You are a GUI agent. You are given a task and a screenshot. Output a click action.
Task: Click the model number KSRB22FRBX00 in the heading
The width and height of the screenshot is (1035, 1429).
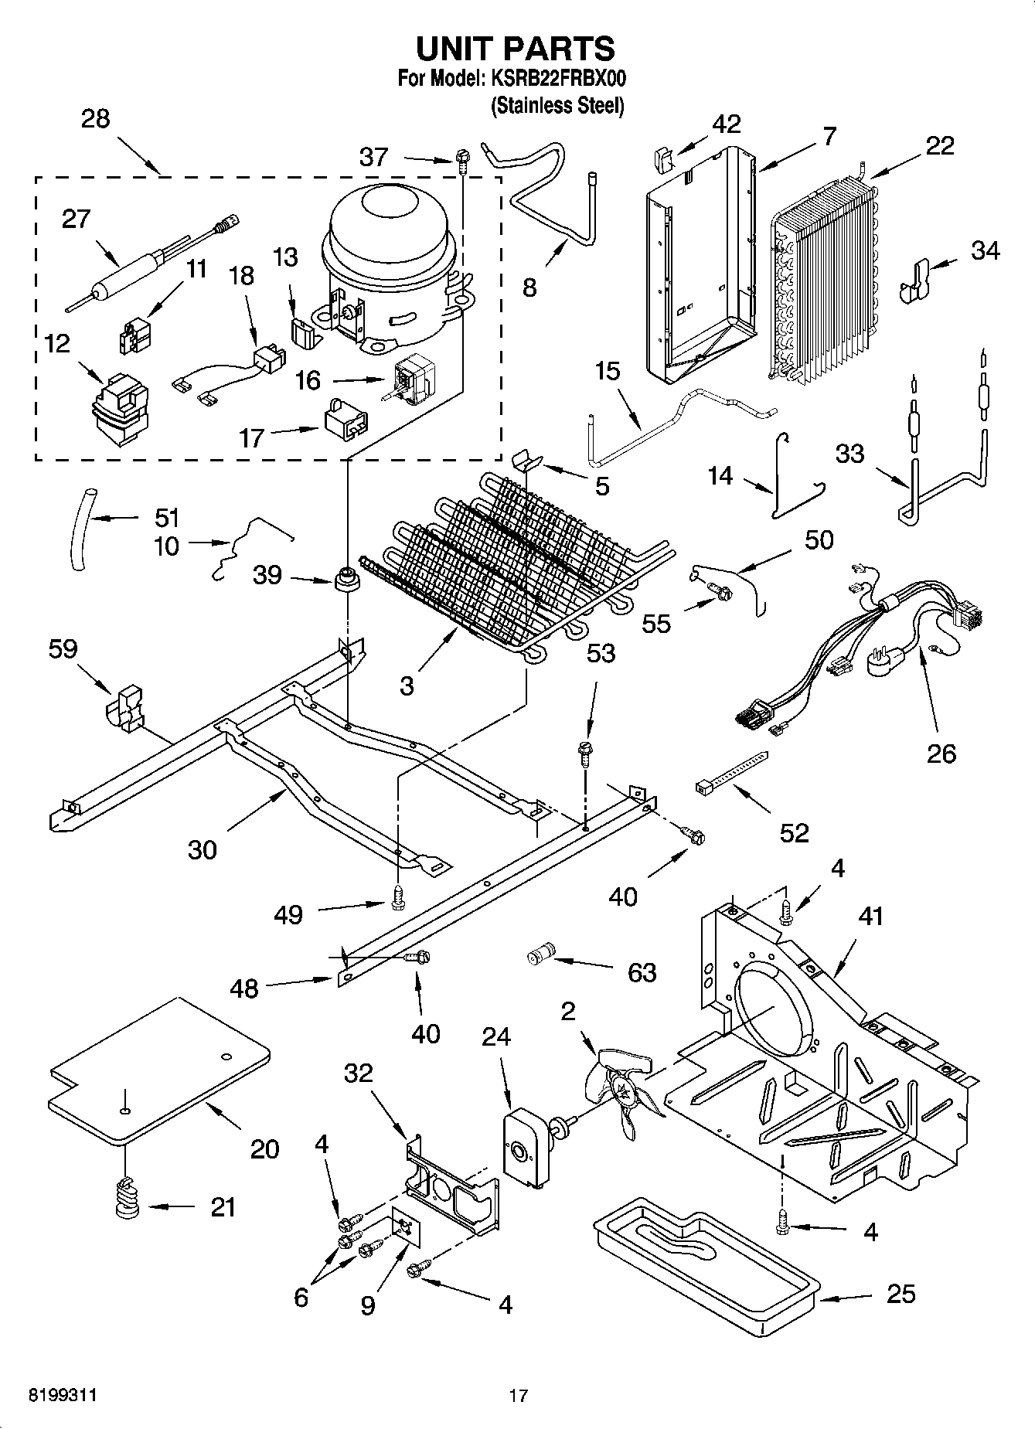pos(555,80)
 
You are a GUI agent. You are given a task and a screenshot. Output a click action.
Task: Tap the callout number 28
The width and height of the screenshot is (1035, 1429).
pos(95,119)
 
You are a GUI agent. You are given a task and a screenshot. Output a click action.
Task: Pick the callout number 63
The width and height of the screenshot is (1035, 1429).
pos(641,971)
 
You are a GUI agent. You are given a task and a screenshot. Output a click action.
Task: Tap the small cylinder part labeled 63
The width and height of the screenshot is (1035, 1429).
pos(541,956)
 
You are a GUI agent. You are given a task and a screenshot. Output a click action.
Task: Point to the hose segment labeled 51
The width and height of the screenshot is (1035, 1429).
pos(83,529)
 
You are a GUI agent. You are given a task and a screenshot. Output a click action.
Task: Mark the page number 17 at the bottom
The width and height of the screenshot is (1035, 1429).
pos(518,1396)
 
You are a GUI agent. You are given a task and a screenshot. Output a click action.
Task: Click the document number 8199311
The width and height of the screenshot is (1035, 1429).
pos(63,1396)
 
